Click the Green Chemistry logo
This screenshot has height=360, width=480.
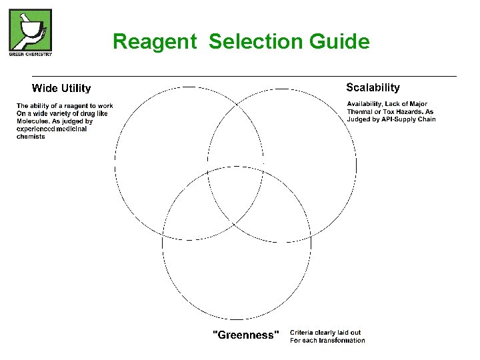pos(30,29)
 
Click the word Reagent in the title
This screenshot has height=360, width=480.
pos(155,42)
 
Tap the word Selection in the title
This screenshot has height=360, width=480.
pos(256,42)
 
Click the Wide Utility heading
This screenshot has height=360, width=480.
pos(61,88)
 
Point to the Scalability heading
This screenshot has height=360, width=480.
pos(373,87)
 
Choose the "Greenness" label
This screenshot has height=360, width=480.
pos(244,335)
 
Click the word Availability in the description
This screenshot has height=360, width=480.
pos(367,104)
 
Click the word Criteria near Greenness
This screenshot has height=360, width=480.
pos(303,333)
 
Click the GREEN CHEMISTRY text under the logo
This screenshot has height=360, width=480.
pos(30,54)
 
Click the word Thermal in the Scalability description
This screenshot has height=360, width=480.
pos(361,112)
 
